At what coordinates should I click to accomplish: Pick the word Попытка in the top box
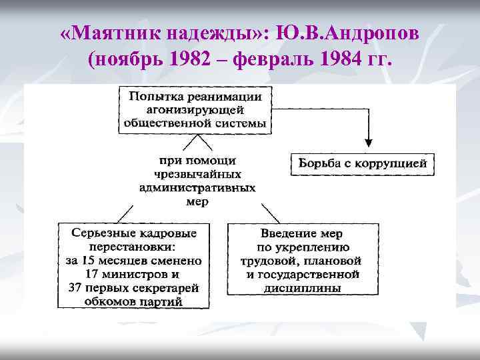[155, 97]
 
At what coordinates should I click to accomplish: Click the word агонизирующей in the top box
[195, 109]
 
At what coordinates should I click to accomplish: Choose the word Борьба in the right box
[318, 163]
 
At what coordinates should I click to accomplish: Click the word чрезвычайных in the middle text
[197, 174]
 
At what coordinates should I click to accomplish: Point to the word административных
[197, 187]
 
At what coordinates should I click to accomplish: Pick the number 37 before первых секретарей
[76, 287]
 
